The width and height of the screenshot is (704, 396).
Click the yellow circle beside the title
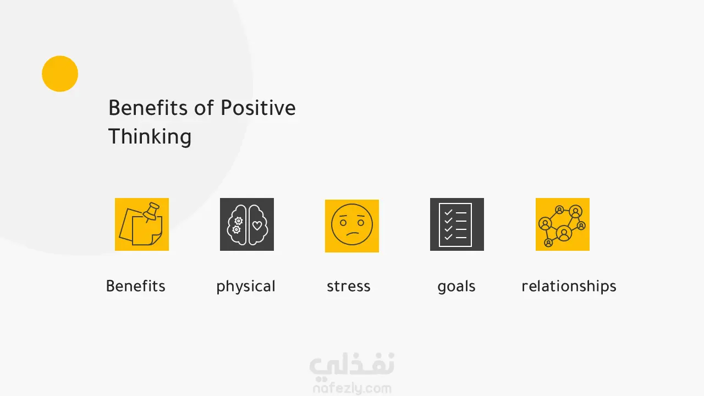pos(60,74)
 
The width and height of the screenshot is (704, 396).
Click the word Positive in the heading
pos(258,108)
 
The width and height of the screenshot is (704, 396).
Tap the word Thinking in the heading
pos(150,137)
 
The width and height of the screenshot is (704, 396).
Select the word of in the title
pos(204,107)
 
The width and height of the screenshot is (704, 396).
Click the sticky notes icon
pos(142,224)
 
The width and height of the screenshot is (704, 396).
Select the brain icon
pos(247,224)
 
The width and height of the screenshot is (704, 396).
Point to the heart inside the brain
pos(257,226)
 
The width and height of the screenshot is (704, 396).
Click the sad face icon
pos(352,226)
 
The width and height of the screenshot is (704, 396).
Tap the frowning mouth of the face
pos(353,234)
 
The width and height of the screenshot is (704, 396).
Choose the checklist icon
pos(457,224)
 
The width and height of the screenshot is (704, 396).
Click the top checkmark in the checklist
pos(448,212)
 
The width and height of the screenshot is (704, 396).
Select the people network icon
pos(563,224)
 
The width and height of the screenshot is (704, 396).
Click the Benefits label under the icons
pos(136,287)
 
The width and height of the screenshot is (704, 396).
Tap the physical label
pos(246,287)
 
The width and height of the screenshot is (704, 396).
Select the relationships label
pos(569,287)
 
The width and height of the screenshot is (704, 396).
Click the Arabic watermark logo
pos(352,365)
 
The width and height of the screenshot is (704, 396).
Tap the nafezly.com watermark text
pos(352,388)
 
